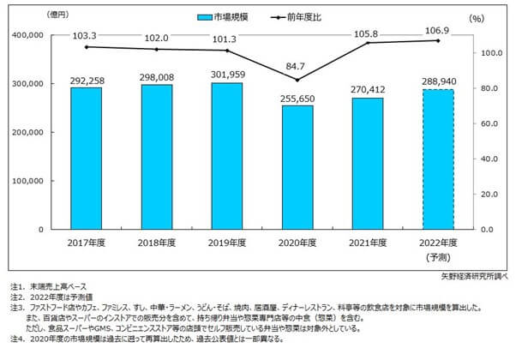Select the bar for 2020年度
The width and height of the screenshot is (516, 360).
click(297, 167)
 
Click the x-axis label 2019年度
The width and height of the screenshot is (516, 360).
click(228, 243)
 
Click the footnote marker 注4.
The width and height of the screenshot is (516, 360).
click(15, 339)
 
